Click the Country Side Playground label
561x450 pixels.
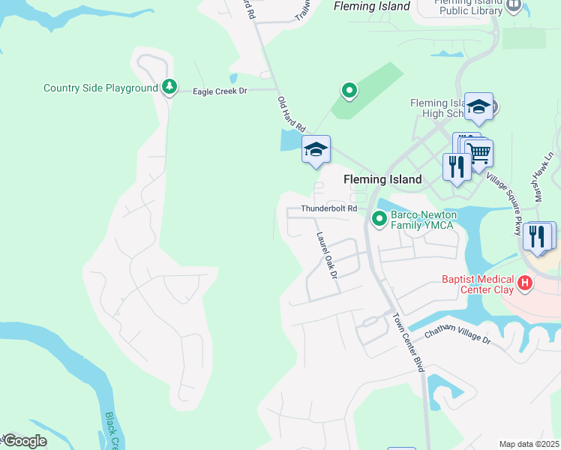100,88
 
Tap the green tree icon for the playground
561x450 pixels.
170,88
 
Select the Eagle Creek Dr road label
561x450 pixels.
220,91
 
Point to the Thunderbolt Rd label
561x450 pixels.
328,208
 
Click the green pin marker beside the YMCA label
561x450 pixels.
379,219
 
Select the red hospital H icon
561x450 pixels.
526,283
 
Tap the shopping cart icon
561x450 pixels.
478,154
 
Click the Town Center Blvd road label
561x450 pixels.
409,342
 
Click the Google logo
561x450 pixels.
24,441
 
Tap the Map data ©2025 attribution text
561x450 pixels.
529,444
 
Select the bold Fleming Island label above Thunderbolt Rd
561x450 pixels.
382,179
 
